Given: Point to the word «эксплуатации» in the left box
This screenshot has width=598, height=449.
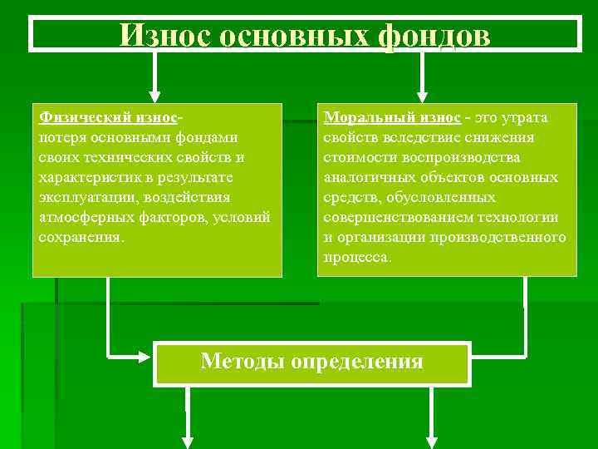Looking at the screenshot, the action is click(x=89, y=197).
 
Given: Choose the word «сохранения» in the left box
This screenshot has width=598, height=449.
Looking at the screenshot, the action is click(x=80, y=237).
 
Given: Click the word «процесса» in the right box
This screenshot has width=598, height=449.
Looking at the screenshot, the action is click(x=355, y=257).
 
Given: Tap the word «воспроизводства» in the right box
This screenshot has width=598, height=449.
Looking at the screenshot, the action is click(x=469, y=157).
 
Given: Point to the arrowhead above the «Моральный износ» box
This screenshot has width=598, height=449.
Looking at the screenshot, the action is click(x=422, y=94).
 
